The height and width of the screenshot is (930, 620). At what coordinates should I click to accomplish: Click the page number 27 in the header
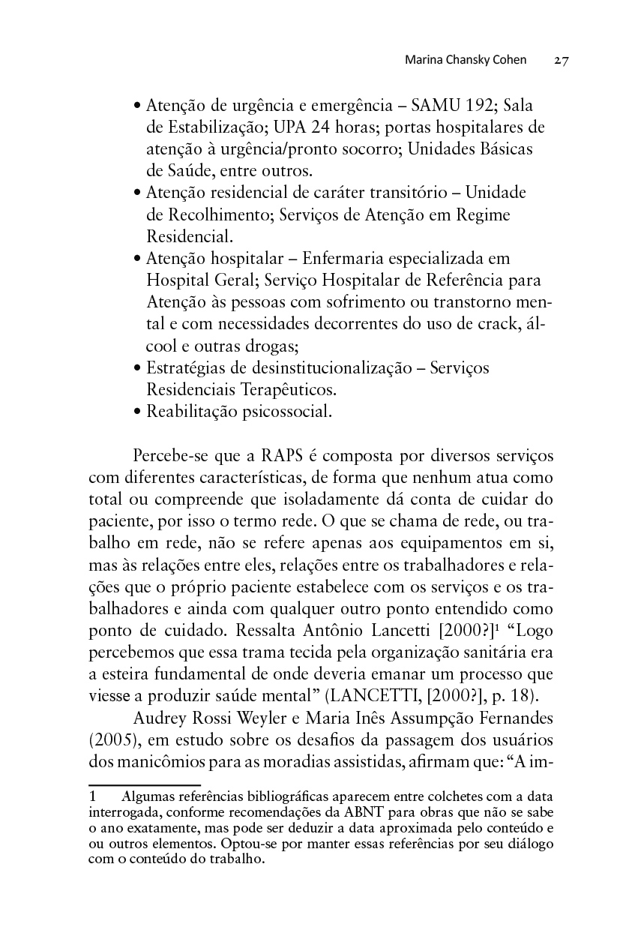[562, 61]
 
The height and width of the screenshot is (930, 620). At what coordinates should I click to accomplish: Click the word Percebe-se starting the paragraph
[169, 456]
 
